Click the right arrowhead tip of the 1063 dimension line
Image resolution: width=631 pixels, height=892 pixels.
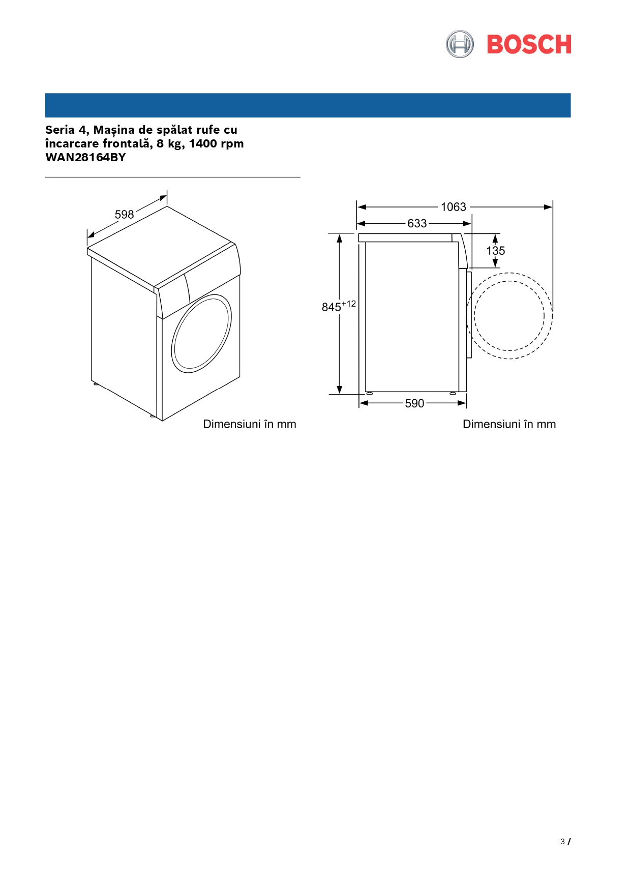click(x=552, y=207)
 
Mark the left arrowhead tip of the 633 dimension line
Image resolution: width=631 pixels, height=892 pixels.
click(x=357, y=223)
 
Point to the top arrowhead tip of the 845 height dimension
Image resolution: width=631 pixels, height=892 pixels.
click(x=339, y=234)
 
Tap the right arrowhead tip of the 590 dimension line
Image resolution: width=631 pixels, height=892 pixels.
click(x=466, y=403)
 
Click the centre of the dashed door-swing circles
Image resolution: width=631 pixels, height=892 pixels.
click(x=509, y=316)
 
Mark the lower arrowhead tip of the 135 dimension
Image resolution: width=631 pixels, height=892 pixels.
click(x=495, y=267)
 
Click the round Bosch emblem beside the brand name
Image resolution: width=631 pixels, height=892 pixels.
click(x=460, y=44)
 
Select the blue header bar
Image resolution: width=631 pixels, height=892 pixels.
click(x=308, y=105)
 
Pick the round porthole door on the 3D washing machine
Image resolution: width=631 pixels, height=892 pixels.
click(x=201, y=334)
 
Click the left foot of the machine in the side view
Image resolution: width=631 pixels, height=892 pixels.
click(x=369, y=393)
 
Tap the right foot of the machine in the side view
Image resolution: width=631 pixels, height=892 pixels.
click(x=453, y=393)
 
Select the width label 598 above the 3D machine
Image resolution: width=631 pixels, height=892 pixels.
click(x=125, y=215)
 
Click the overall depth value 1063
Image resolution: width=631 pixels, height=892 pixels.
click(x=454, y=207)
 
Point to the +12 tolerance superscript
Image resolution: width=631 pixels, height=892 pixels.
click(x=349, y=304)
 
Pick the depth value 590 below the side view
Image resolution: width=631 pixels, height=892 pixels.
click(x=414, y=403)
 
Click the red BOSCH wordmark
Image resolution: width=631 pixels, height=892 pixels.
click(x=529, y=44)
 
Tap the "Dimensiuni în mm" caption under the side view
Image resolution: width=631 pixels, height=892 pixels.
click(x=509, y=424)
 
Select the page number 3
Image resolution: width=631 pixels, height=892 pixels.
click(x=562, y=842)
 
